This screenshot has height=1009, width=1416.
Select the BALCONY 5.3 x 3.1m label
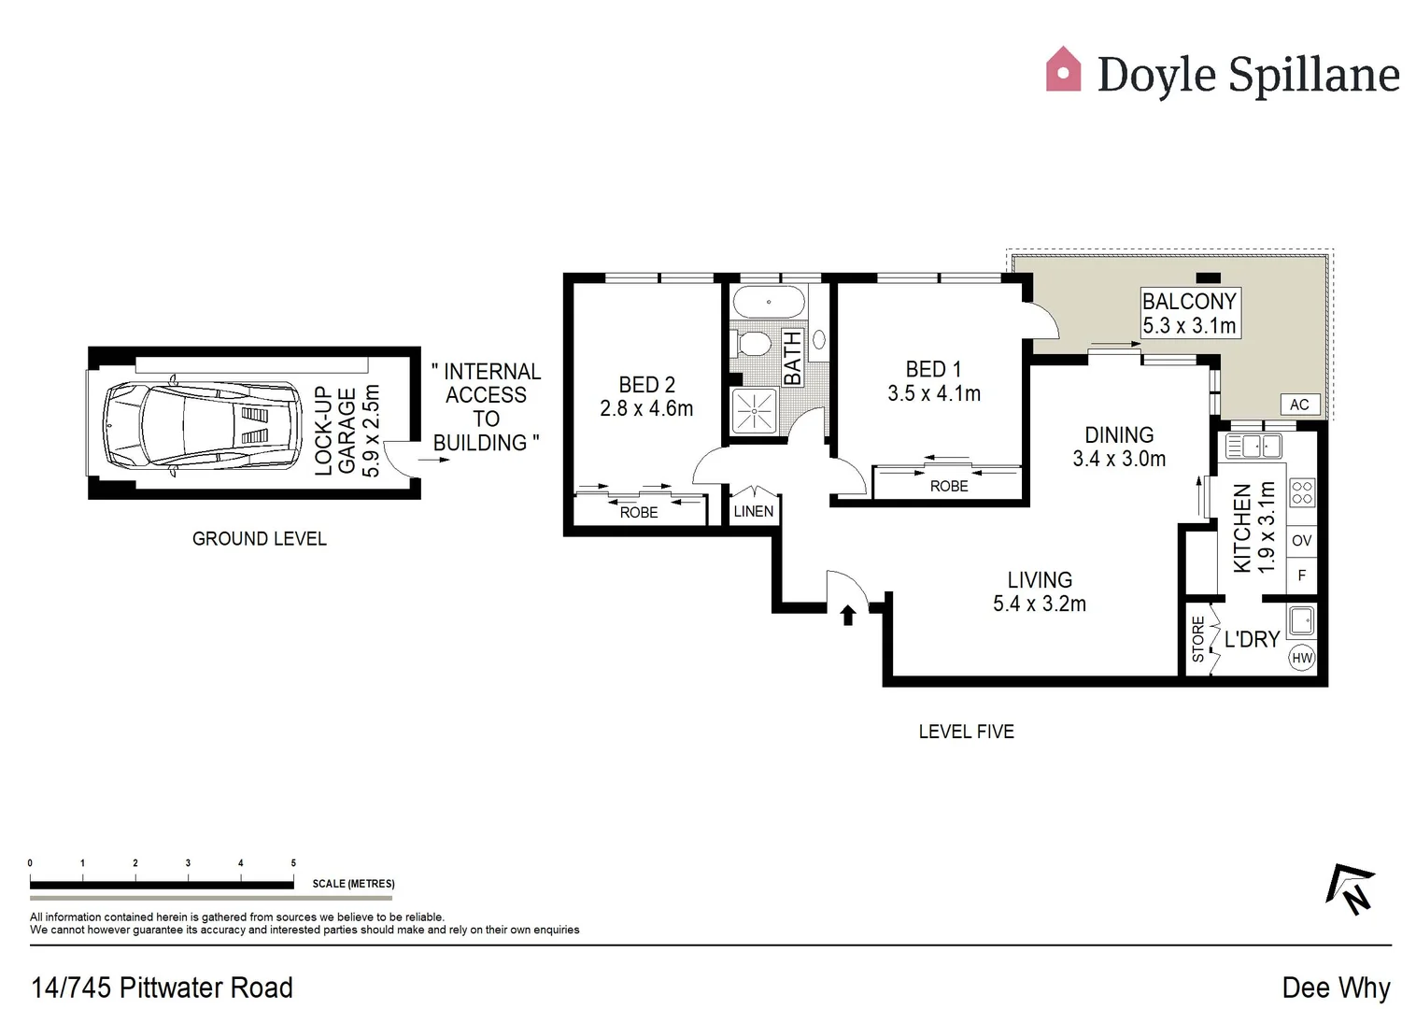(x=1189, y=313)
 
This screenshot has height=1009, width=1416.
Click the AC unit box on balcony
(x=1299, y=405)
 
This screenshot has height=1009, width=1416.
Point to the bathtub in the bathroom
(x=769, y=303)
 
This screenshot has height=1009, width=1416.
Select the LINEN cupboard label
(x=754, y=511)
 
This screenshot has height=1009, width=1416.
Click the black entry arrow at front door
(x=848, y=615)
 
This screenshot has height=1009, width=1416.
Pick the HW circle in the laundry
(x=1301, y=658)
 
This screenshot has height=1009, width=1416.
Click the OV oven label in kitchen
(x=1301, y=540)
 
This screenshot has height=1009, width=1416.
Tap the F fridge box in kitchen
(x=1301, y=576)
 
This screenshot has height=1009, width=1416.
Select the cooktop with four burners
(x=1301, y=492)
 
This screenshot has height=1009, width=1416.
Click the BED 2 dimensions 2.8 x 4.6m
(x=646, y=408)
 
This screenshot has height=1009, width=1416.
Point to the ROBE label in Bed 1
(x=949, y=486)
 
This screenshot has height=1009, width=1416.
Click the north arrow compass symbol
(x=1352, y=888)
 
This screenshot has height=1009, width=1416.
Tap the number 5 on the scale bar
(x=293, y=863)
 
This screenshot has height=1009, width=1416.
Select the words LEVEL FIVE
(x=966, y=732)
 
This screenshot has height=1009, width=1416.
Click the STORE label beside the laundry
(x=1198, y=639)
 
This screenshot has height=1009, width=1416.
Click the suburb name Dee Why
(x=1336, y=988)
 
